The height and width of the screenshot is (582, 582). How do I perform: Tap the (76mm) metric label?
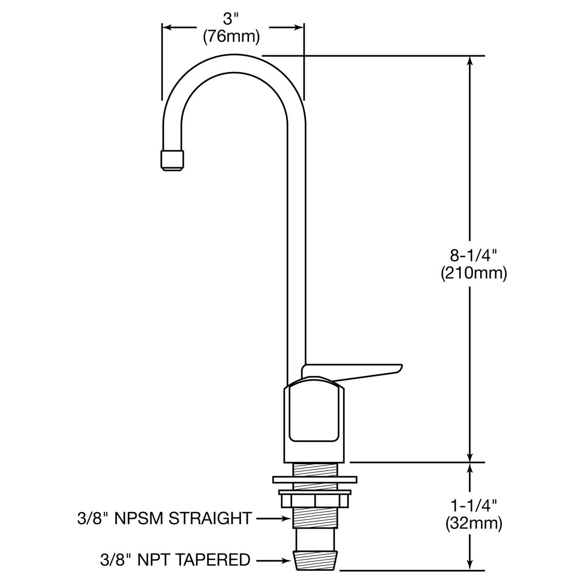(232, 37)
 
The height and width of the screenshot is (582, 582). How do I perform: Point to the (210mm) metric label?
(474, 274)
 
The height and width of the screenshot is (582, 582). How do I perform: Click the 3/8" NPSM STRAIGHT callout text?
(164, 518)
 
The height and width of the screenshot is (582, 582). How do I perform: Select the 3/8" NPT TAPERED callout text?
(163, 560)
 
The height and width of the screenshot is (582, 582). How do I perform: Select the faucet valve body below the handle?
(314, 422)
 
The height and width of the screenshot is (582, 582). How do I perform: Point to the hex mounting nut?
(314, 499)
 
